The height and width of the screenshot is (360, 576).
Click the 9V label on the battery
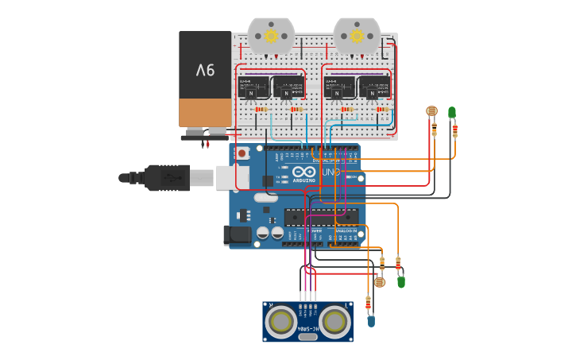pyautogui.click(x=205, y=71)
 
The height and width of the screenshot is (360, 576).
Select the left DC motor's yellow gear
pyautogui.click(x=271, y=36)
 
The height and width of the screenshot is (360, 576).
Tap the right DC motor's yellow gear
pyautogui.click(x=357, y=36)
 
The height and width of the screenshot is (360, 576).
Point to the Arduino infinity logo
pyautogui.click(x=303, y=172)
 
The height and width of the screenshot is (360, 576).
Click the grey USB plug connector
pyautogui.click(x=202, y=178)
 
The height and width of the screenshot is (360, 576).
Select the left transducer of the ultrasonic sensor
pyautogui.click(x=281, y=321)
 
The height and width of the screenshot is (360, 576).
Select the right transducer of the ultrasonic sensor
pyautogui.click(x=335, y=321)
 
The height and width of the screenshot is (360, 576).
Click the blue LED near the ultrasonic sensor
pyautogui.click(x=371, y=321)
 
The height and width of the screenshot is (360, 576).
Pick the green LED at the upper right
pyautogui.click(x=451, y=113)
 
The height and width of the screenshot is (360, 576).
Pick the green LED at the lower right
pyautogui.click(x=401, y=281)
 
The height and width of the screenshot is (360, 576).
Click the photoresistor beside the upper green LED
pyautogui.click(x=432, y=111)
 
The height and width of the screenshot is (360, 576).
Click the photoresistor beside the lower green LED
pyautogui.click(x=379, y=281)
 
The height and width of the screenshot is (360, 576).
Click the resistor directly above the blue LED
pyautogui.click(x=368, y=303)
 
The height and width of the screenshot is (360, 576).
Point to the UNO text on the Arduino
pyautogui.click(x=331, y=172)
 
